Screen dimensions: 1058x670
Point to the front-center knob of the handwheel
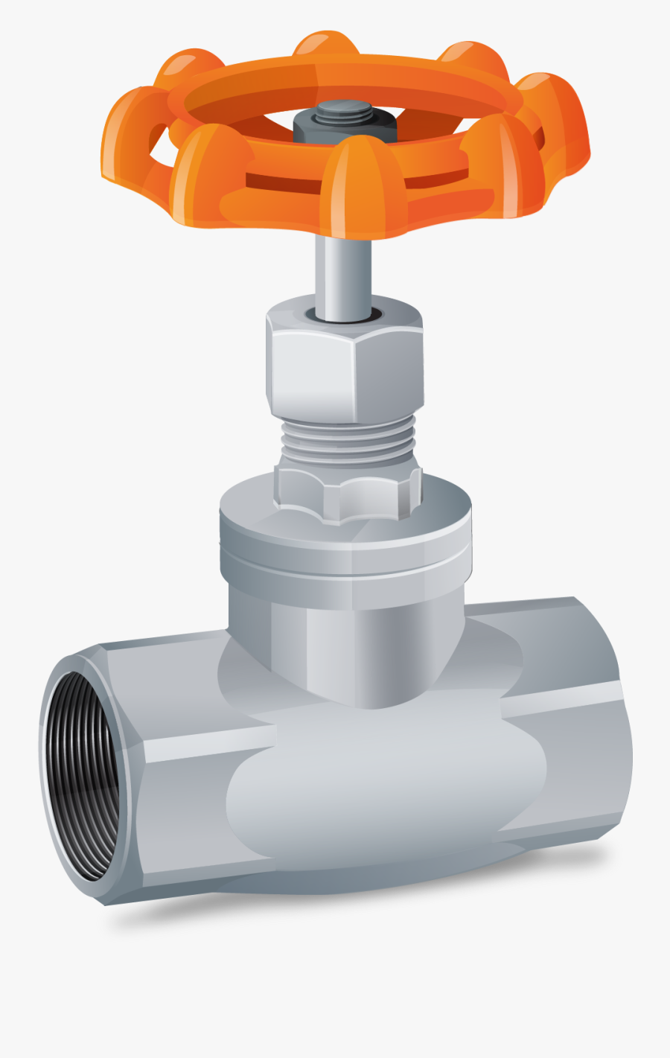pyautogui.click(x=363, y=186)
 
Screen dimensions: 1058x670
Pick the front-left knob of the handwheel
pyautogui.click(x=208, y=175)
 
